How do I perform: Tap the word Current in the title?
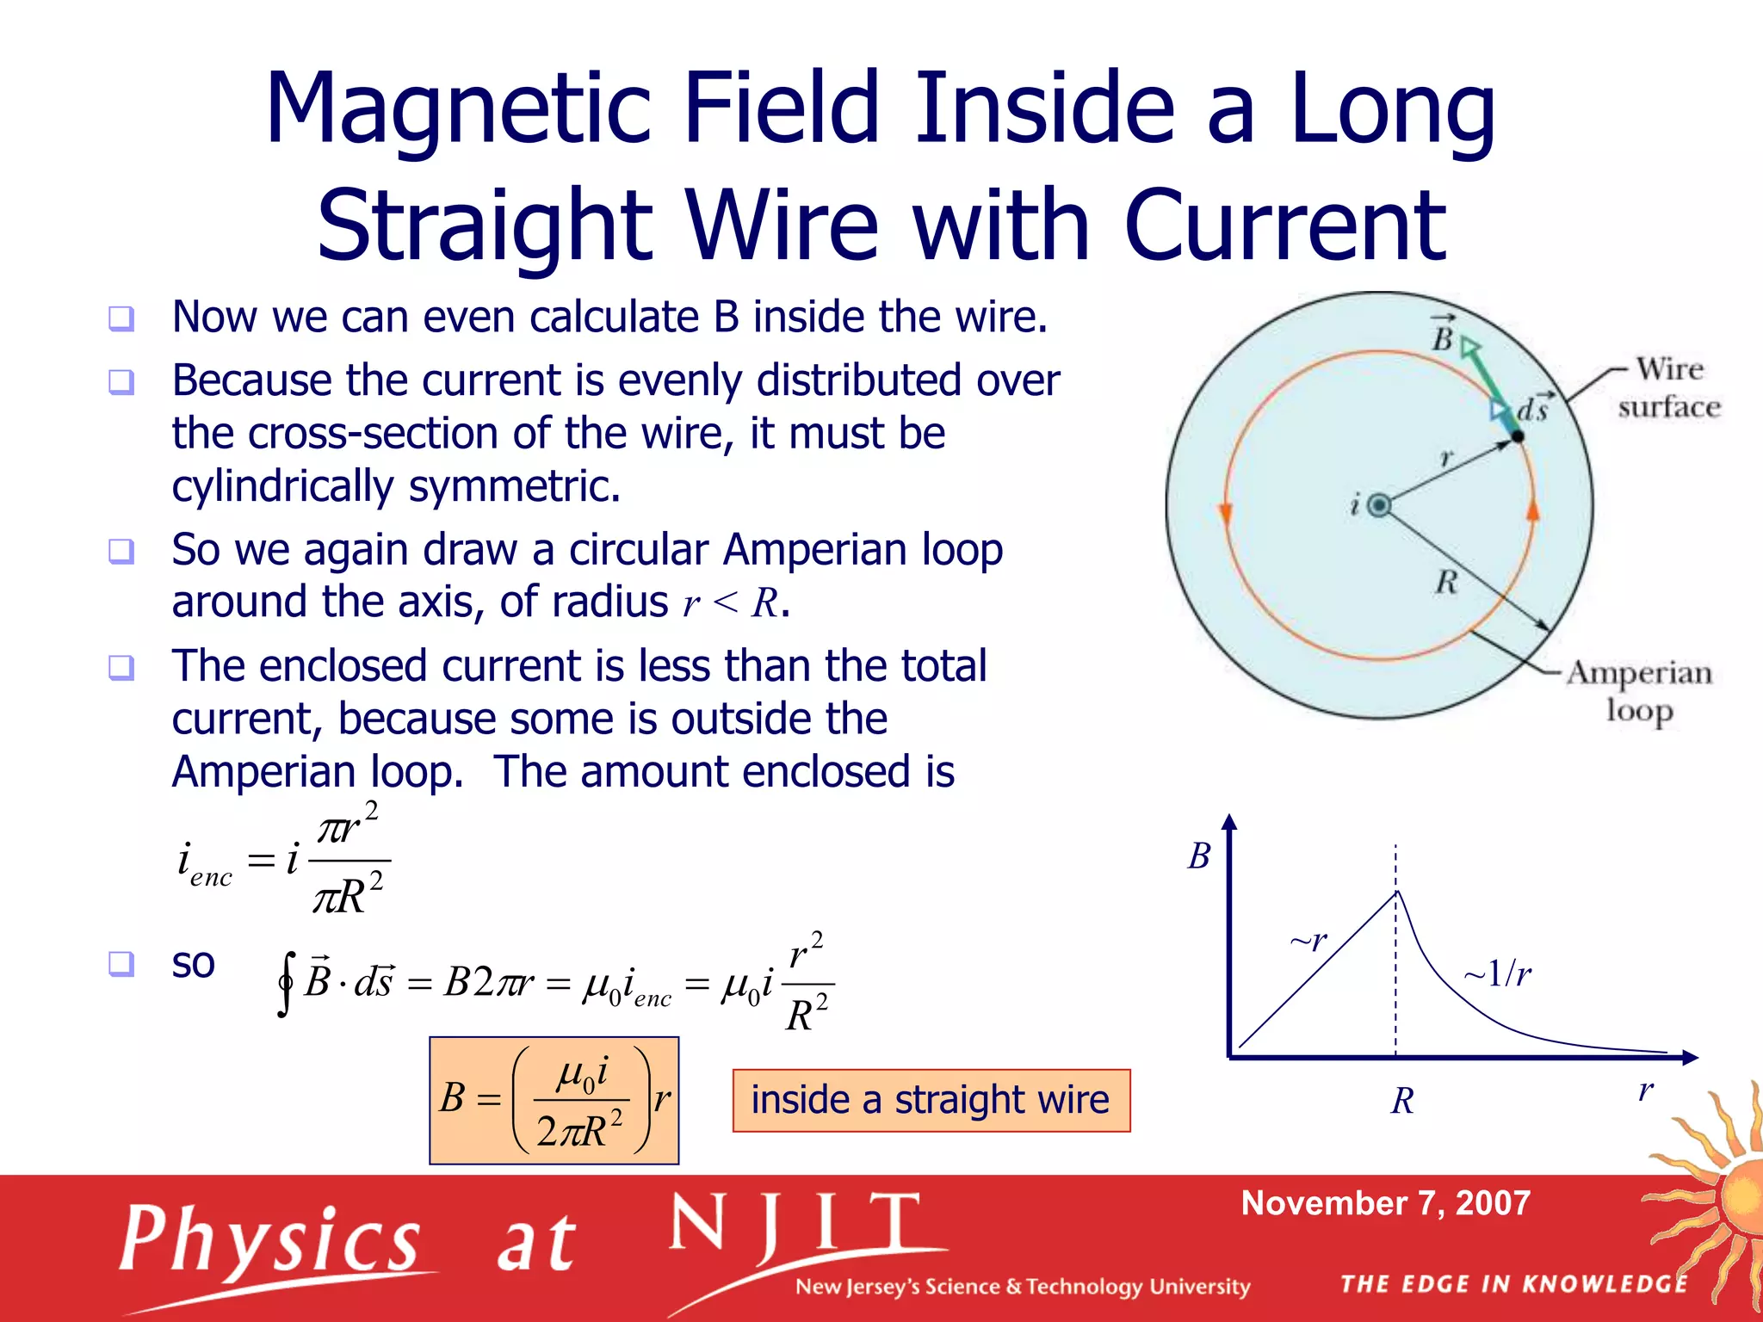click(x=1285, y=225)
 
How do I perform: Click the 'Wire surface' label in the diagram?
click(x=1668, y=387)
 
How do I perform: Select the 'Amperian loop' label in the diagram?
click(x=1639, y=691)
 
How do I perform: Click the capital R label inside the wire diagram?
click(x=1446, y=583)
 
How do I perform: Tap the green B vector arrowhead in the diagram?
click(x=1470, y=348)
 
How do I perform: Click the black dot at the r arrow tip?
click(x=1518, y=437)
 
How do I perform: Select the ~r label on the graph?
click(x=1308, y=940)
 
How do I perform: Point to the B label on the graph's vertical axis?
click(x=1199, y=856)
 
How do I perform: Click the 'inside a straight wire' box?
click(x=931, y=1100)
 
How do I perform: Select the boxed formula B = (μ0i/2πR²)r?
click(x=554, y=1100)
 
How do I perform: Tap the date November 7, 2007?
click(x=1385, y=1202)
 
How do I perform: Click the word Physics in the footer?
click(x=269, y=1240)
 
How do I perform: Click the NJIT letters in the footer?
click(x=795, y=1224)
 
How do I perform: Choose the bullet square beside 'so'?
click(x=121, y=963)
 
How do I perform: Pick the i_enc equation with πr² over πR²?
click(x=281, y=860)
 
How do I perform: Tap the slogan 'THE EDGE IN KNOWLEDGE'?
click(x=1513, y=1284)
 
